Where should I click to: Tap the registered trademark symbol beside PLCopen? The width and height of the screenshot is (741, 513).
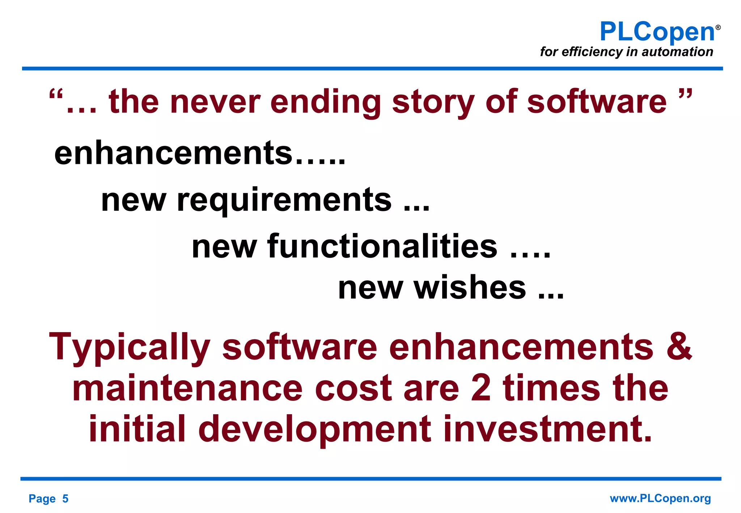pyautogui.click(x=718, y=27)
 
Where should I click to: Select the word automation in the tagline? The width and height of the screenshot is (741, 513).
pyautogui.click(x=677, y=52)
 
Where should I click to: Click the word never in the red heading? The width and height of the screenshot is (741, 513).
pyautogui.click(x=215, y=102)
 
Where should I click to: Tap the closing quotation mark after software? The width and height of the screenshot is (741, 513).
pyautogui.click(x=685, y=95)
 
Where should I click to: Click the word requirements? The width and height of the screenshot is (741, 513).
pyautogui.click(x=284, y=201)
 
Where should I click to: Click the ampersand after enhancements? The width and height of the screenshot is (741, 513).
pyautogui.click(x=679, y=347)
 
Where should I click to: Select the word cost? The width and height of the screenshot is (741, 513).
pyautogui.click(x=353, y=389)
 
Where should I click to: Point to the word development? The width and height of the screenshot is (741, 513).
pyautogui.click(x=315, y=430)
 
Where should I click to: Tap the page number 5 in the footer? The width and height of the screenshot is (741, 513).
pyautogui.click(x=65, y=499)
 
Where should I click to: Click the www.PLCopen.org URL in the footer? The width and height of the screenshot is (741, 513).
pyautogui.click(x=660, y=499)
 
